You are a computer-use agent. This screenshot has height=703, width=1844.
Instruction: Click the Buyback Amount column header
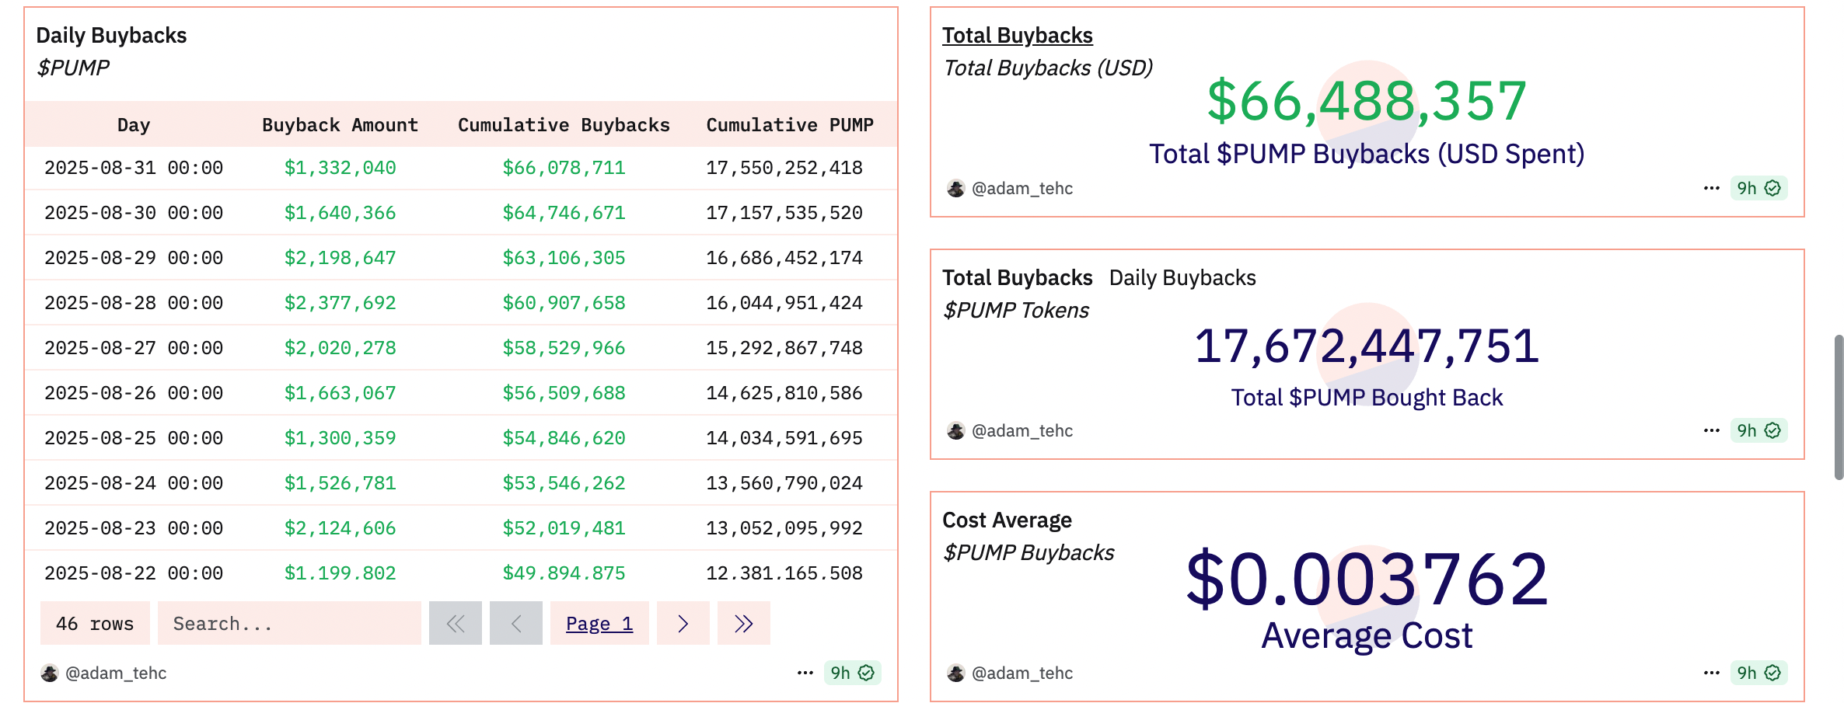[340, 125]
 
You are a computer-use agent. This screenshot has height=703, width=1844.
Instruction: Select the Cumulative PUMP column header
[789, 125]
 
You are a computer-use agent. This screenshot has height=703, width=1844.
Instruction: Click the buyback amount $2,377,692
[340, 303]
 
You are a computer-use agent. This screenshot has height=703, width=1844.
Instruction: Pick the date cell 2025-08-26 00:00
[133, 393]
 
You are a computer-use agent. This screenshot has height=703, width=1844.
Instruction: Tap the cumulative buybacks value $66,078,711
[564, 168]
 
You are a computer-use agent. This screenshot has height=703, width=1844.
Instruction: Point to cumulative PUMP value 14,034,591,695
[784, 438]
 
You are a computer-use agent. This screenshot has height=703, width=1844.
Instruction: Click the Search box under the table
[288, 624]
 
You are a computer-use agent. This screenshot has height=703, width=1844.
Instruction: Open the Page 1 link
[599, 624]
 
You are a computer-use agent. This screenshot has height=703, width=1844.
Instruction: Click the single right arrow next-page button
[683, 624]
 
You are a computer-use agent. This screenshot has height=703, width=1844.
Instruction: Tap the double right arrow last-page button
[743, 624]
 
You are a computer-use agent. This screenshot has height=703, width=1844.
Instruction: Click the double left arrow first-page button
[456, 624]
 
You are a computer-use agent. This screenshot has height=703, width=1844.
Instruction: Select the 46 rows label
[95, 624]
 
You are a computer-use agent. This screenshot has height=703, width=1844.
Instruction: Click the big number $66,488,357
[1366, 101]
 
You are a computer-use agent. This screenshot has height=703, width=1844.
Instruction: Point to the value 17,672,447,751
[1366, 346]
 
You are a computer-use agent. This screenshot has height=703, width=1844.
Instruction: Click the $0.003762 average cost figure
[1366, 579]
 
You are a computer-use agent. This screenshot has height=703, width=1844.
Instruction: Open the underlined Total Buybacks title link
[1017, 36]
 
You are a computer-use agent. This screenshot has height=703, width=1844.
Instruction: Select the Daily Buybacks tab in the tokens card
[1182, 278]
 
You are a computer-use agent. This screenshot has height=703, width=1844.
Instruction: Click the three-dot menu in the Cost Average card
[1711, 673]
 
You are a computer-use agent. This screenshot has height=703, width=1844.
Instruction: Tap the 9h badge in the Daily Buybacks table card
[852, 673]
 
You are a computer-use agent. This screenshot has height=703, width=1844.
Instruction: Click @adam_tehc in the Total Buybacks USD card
[1022, 189]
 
